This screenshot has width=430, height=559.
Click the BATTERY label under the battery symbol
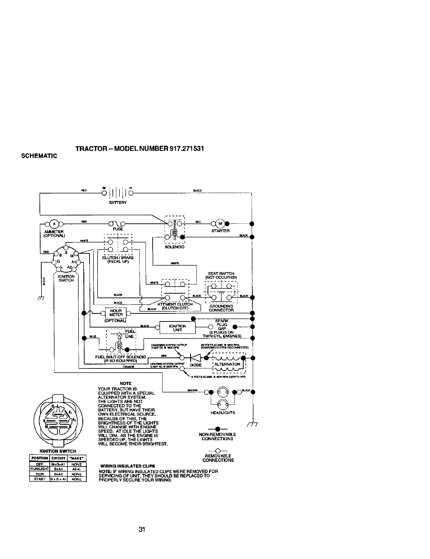point(118,203)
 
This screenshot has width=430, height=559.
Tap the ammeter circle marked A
point(54,223)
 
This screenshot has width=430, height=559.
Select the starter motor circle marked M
point(220,223)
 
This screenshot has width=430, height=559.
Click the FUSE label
point(118,229)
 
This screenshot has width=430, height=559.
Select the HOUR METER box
point(116,313)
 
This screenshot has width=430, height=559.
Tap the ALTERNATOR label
point(227,364)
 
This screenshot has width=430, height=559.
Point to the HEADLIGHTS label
point(222,413)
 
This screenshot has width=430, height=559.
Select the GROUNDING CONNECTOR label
point(221,308)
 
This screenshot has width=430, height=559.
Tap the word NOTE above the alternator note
point(125,383)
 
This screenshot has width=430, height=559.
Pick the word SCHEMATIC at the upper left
point(40,156)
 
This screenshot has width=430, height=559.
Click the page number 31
point(142,529)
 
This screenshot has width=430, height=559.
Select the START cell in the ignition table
point(39,479)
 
